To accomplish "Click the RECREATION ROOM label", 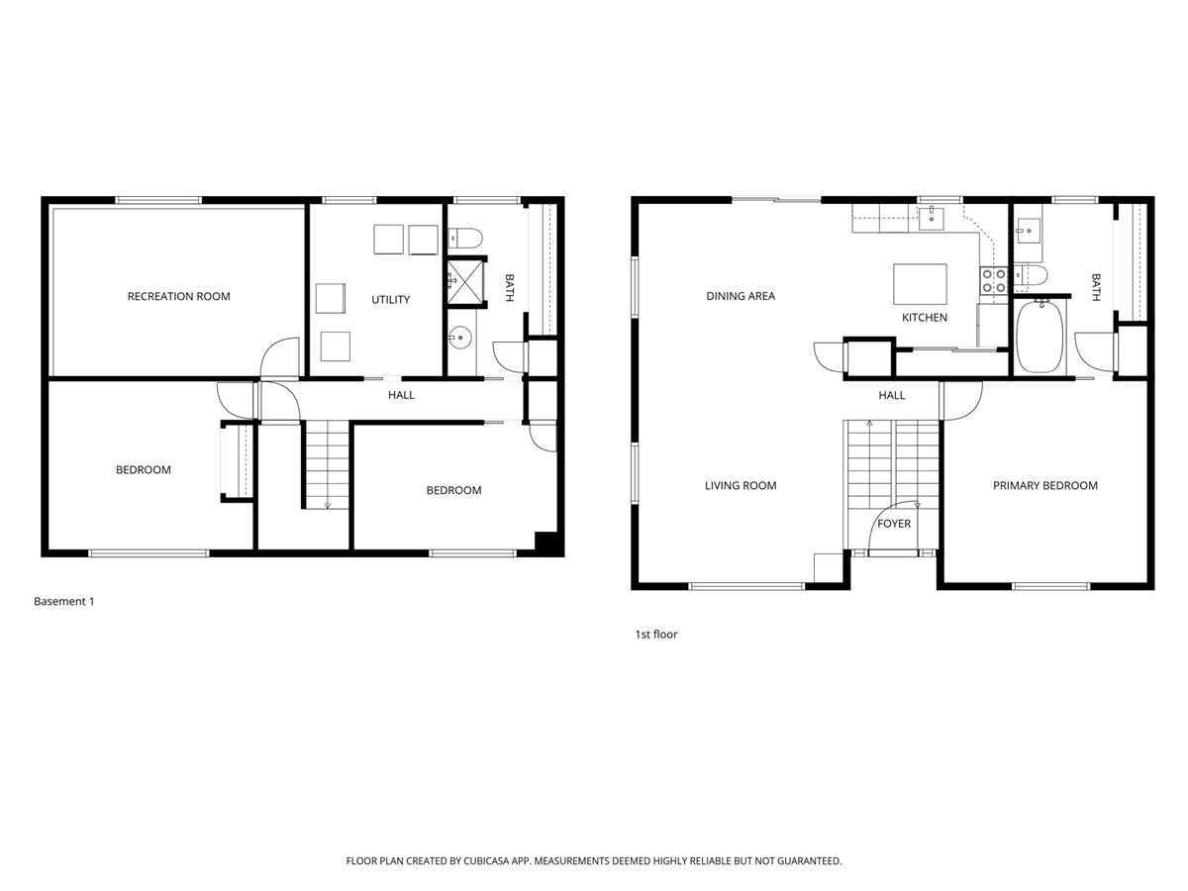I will tap(178, 296).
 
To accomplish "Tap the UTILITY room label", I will tap(390, 299).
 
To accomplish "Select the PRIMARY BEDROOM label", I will tap(1044, 485).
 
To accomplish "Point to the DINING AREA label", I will tap(740, 296).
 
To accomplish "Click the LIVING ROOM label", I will tap(740, 485).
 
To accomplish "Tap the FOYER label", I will tap(893, 524).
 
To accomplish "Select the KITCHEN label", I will tap(924, 318).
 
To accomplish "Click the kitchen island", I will tap(920, 284).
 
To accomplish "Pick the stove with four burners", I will tap(993, 281).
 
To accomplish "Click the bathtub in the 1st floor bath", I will tap(1039, 337).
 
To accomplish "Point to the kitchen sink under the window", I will tap(932, 218).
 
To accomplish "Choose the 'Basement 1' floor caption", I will tap(63, 601).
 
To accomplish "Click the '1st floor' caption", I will tap(655, 634).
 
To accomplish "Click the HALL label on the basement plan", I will tap(401, 395).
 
